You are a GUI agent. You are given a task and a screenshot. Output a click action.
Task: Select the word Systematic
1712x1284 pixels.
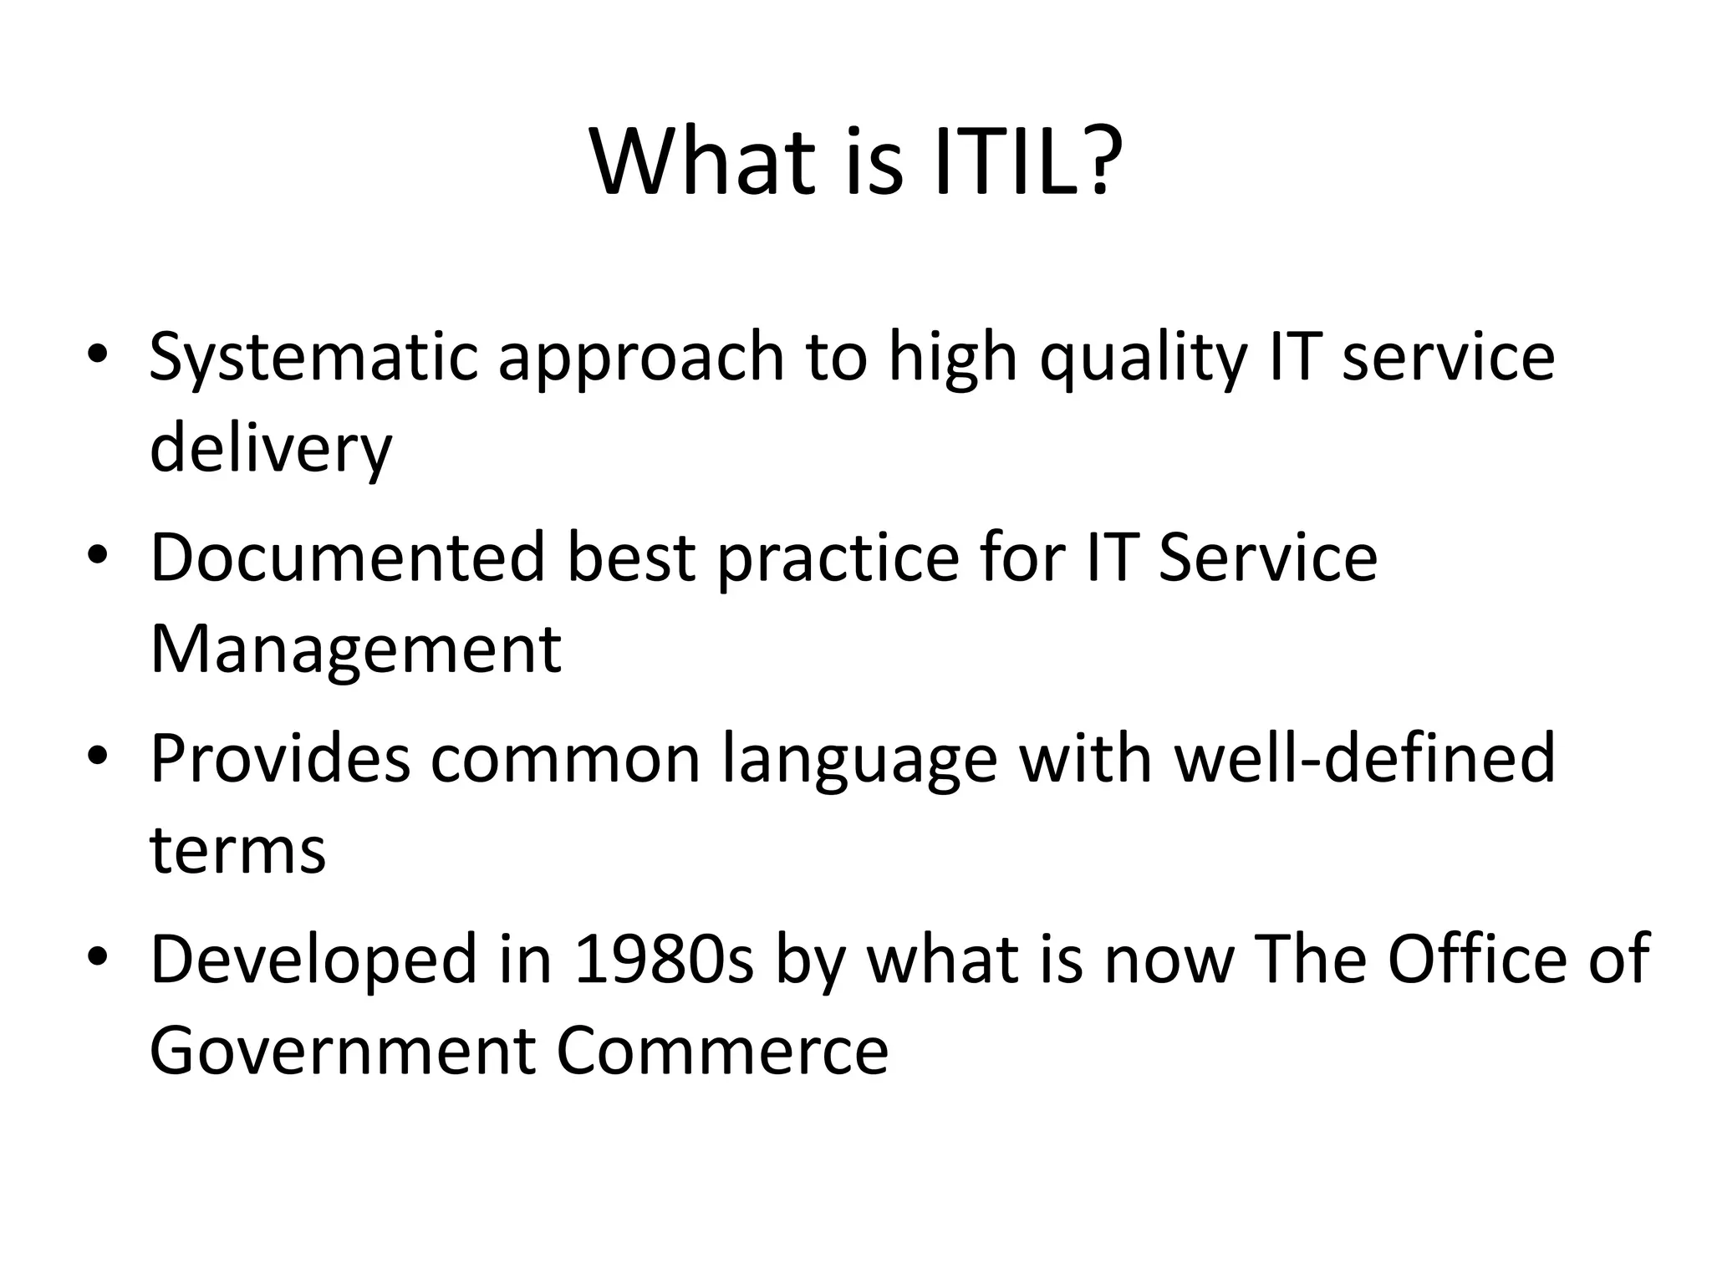(313, 358)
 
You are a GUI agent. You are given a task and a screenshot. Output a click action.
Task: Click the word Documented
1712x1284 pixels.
(347, 558)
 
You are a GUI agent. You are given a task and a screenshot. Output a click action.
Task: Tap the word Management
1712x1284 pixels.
(355, 650)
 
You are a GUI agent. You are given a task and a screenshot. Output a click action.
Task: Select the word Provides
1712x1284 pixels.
(280, 758)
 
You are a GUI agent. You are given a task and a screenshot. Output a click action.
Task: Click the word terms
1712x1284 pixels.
(237, 850)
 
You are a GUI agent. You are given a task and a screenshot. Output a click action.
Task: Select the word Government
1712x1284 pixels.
(342, 1051)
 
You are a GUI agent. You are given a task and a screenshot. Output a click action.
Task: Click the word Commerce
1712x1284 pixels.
(721, 1051)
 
